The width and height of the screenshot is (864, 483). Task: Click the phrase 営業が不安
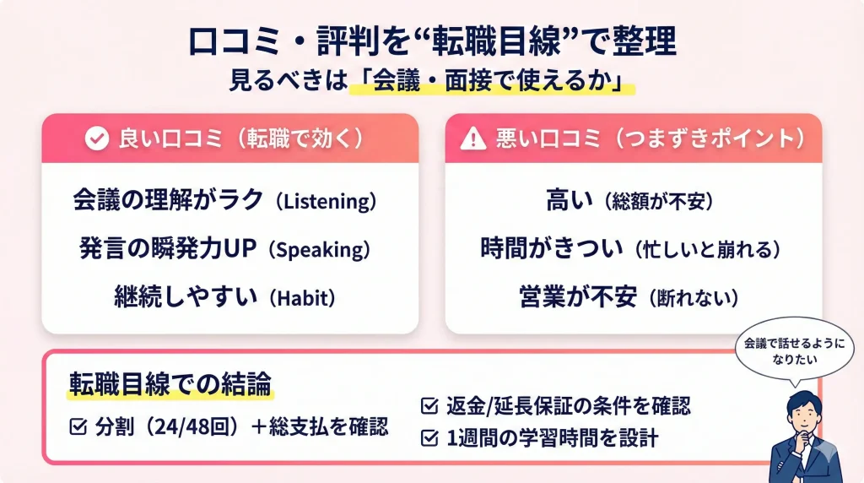tap(578, 298)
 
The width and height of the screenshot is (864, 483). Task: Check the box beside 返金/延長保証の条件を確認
tap(429, 406)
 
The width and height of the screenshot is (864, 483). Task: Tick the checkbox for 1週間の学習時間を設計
tap(429, 438)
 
